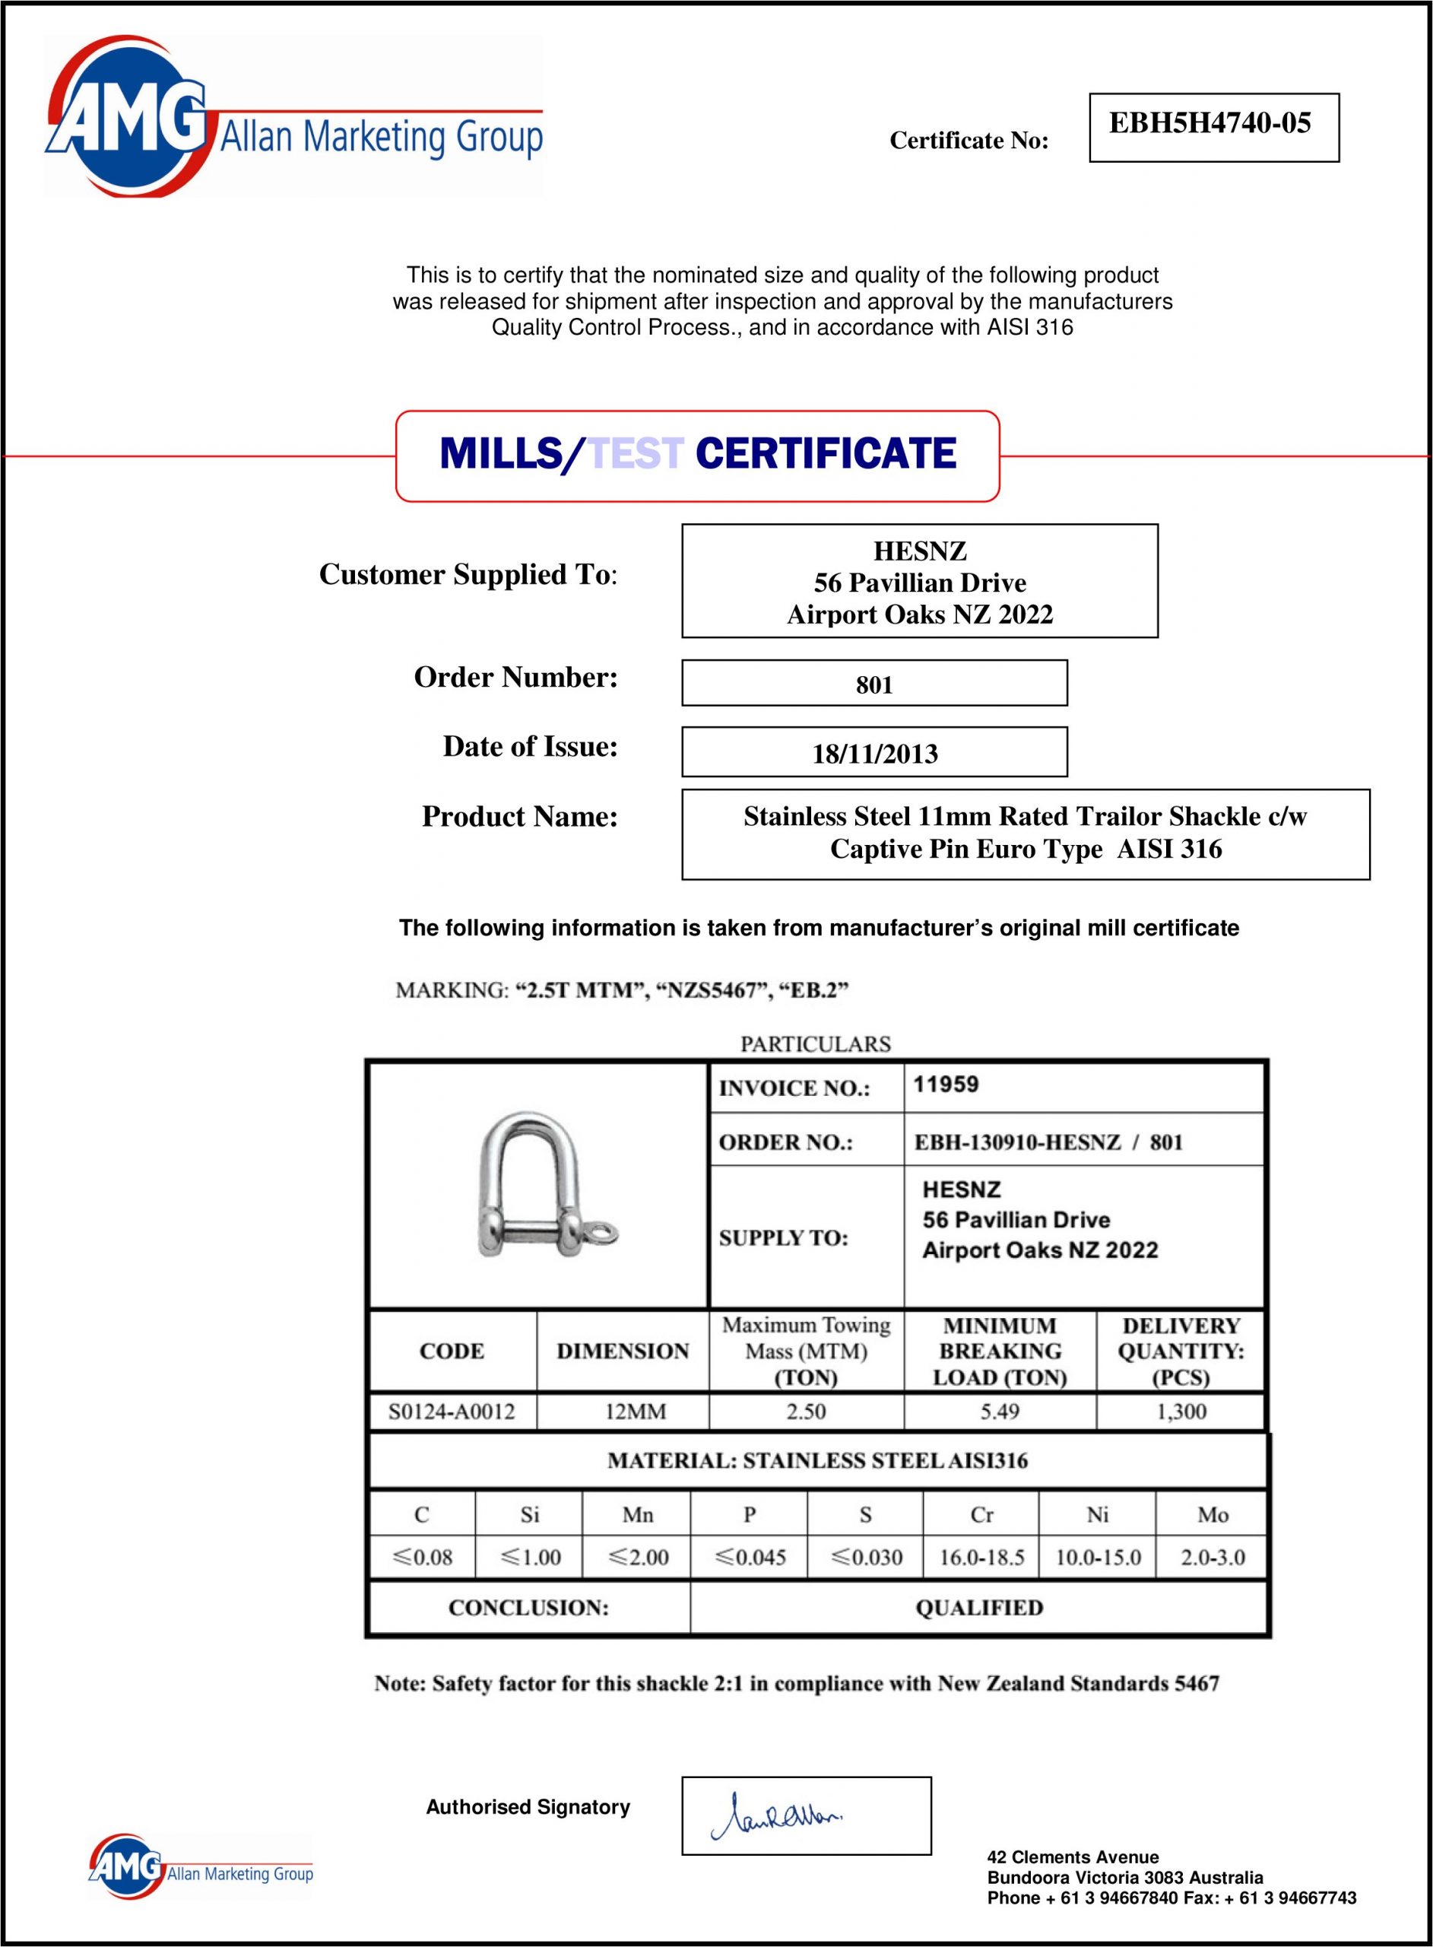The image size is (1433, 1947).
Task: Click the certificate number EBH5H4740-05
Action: (1210, 124)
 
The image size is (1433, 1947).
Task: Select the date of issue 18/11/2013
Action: (874, 753)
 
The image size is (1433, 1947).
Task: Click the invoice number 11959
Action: (946, 1085)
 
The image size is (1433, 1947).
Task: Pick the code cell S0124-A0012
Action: (451, 1412)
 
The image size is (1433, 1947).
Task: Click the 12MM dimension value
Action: (635, 1412)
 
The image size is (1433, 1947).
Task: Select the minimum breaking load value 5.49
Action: (999, 1412)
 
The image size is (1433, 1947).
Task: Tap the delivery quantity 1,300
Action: (1181, 1412)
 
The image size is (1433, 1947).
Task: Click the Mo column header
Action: (1213, 1515)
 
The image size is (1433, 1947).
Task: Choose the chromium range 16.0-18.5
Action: (981, 1558)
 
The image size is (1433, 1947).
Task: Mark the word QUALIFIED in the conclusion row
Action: (979, 1608)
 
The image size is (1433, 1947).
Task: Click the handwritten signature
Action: (777, 1816)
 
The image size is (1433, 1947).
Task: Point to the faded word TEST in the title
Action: (636, 454)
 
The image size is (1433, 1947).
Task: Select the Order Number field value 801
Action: (874, 684)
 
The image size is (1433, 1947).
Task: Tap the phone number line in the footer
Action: (1171, 1898)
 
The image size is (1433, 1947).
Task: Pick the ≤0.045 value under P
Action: (750, 1558)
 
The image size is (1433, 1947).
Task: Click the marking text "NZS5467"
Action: (707, 990)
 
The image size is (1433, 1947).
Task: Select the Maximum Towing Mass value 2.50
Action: (806, 1412)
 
